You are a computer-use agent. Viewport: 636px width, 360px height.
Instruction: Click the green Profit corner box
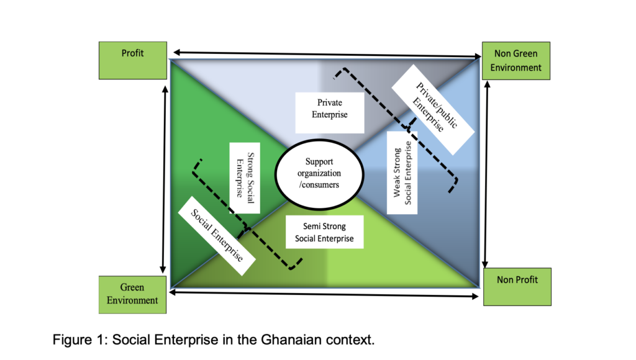[x=132, y=60]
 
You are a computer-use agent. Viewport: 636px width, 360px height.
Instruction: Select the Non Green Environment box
[x=516, y=61]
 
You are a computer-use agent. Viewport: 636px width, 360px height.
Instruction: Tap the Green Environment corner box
[x=132, y=294]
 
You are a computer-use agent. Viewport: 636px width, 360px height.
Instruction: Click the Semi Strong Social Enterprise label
[x=325, y=232]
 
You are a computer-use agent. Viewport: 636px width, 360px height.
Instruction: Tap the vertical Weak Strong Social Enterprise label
[x=402, y=168]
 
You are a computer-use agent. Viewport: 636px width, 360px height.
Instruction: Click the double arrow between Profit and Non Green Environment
[x=325, y=55]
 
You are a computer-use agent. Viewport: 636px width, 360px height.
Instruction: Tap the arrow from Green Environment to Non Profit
[x=325, y=292]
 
